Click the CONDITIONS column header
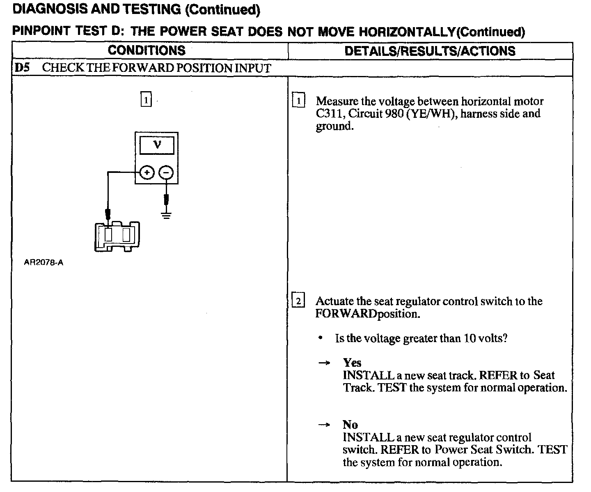coord(147,51)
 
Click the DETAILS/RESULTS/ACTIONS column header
coord(430,51)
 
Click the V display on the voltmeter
coord(157,145)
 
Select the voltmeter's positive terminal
coord(147,173)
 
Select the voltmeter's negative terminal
coord(166,173)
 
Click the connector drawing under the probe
coord(117,236)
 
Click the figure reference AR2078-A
coord(44,262)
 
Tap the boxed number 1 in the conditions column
coord(146,100)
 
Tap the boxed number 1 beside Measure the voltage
coord(298,101)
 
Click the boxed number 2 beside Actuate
coord(298,301)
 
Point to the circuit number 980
coord(394,114)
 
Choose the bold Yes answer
coord(352,363)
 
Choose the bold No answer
coord(350,425)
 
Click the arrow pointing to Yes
coord(324,363)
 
